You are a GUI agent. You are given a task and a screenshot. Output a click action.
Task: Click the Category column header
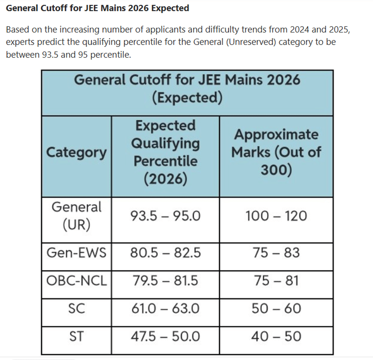(x=76, y=153)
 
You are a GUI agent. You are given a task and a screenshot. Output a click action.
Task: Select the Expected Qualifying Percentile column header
(x=165, y=152)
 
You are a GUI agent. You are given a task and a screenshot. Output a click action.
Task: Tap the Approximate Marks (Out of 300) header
(x=276, y=152)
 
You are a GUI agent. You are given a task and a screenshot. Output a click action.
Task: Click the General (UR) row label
(x=76, y=216)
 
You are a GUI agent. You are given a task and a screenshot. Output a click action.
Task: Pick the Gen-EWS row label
(x=76, y=253)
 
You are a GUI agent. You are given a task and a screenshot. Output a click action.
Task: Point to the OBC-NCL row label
(x=76, y=281)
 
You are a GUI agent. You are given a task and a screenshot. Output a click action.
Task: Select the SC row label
(x=76, y=308)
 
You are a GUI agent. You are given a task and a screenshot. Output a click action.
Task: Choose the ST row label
(x=76, y=336)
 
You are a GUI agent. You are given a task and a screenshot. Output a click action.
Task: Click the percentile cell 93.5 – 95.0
(x=165, y=216)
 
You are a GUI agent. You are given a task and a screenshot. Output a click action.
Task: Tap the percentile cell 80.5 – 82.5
(x=165, y=253)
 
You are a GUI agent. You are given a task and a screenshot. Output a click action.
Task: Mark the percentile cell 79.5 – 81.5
(x=165, y=281)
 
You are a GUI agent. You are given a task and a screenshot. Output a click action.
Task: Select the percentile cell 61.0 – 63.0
(x=165, y=308)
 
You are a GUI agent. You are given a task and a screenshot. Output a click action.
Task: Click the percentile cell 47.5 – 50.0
(x=165, y=336)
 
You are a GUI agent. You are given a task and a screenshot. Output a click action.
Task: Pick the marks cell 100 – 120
(x=276, y=216)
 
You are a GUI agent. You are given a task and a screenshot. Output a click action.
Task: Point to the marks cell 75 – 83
(x=276, y=253)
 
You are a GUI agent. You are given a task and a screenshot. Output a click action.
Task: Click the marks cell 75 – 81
(x=276, y=281)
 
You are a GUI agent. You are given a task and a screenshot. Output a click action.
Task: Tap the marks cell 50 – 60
(x=276, y=308)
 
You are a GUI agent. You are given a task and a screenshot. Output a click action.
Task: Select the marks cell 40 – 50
(x=276, y=336)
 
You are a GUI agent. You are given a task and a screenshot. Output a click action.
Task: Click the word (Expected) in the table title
(x=187, y=98)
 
